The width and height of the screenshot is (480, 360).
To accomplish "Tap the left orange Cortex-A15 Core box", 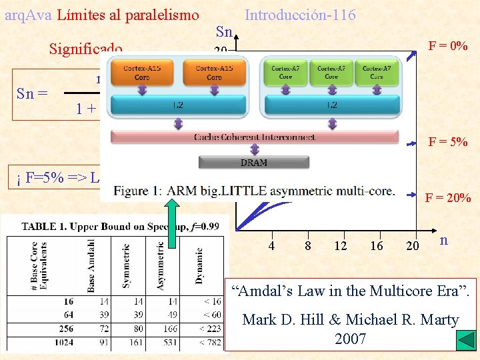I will coord(142,73).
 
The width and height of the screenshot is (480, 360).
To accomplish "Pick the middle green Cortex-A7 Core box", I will coord(331,72).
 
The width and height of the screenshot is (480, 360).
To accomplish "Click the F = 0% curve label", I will coord(447,47).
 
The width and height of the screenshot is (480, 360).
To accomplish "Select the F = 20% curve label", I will coord(447,198).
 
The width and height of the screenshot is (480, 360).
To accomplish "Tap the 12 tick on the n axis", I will coord(341,245).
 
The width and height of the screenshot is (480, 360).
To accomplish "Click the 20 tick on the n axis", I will coord(413,245).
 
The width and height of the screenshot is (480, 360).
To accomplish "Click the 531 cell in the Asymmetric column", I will coord(161,343).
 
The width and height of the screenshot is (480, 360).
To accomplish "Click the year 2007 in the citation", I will coord(351,339).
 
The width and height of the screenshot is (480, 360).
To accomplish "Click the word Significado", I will coord(85,49).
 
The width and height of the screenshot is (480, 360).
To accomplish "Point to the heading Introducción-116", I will coord(300,15).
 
